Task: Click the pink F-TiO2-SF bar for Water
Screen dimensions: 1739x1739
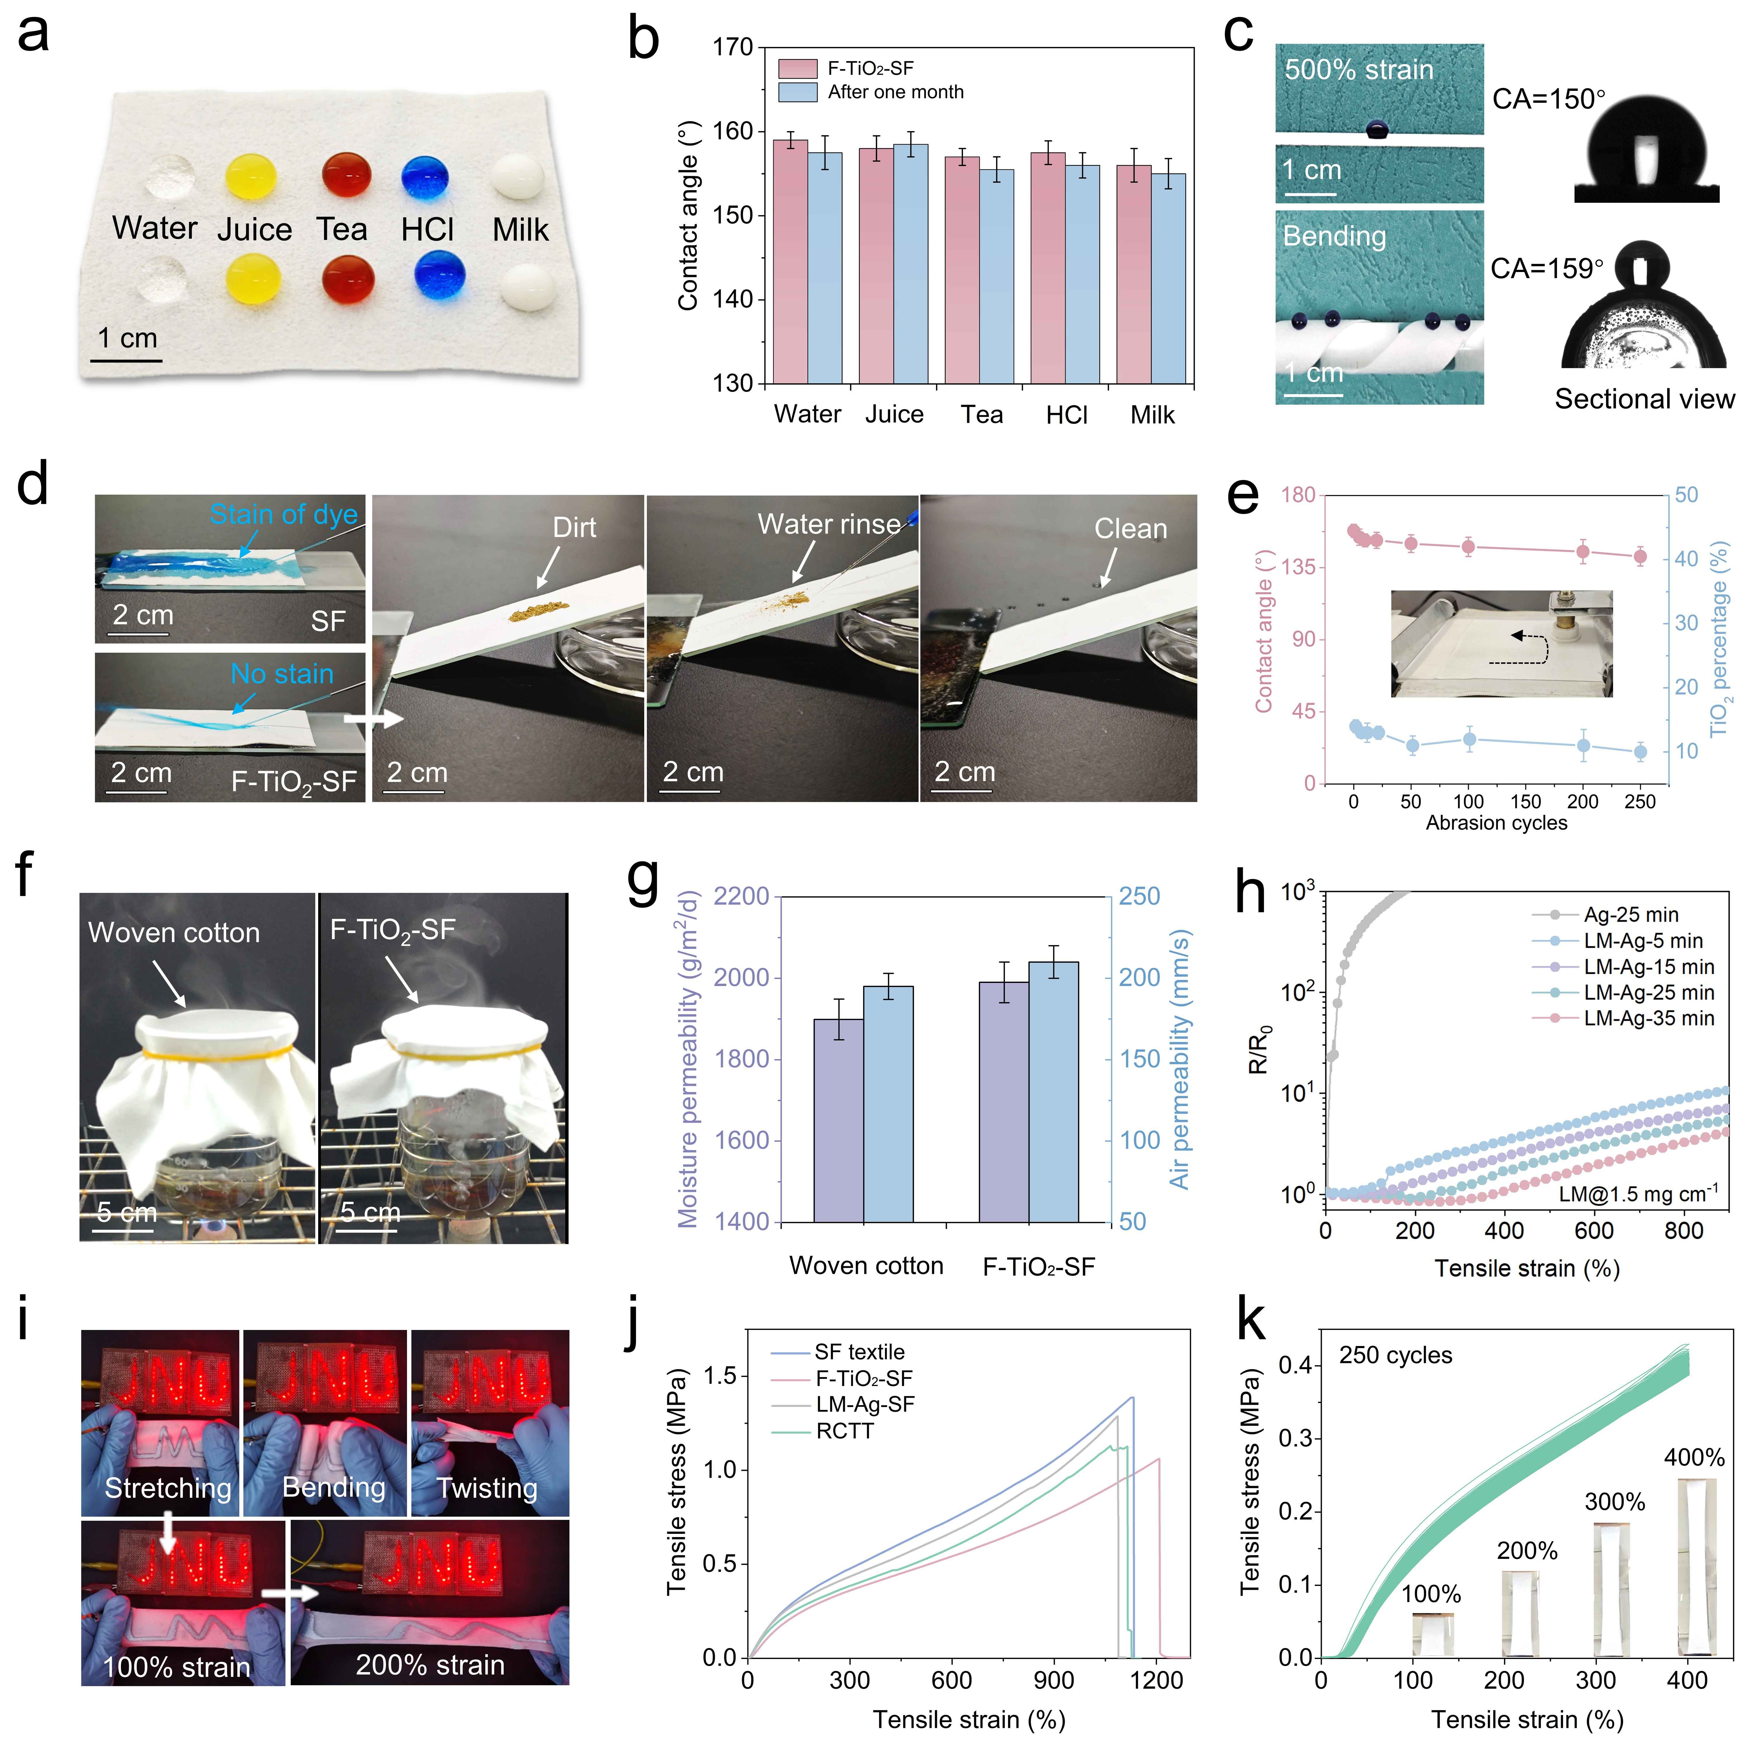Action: click(x=790, y=261)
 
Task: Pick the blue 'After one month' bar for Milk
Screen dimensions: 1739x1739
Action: click(x=1168, y=279)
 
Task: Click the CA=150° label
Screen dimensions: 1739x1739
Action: click(x=1548, y=99)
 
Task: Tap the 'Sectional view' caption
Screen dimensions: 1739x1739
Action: click(x=1643, y=399)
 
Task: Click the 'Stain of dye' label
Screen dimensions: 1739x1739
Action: click(x=283, y=514)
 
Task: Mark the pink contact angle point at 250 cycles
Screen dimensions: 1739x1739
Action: click(x=1640, y=556)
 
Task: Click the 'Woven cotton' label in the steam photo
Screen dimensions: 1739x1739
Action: click(x=174, y=933)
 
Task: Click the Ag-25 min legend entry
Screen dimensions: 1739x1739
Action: click(x=1631, y=914)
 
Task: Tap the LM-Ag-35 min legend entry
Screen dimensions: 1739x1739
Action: click(x=1649, y=1018)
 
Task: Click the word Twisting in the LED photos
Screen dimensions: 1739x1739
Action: click(x=487, y=1488)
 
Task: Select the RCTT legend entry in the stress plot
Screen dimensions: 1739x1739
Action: click(x=844, y=1431)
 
